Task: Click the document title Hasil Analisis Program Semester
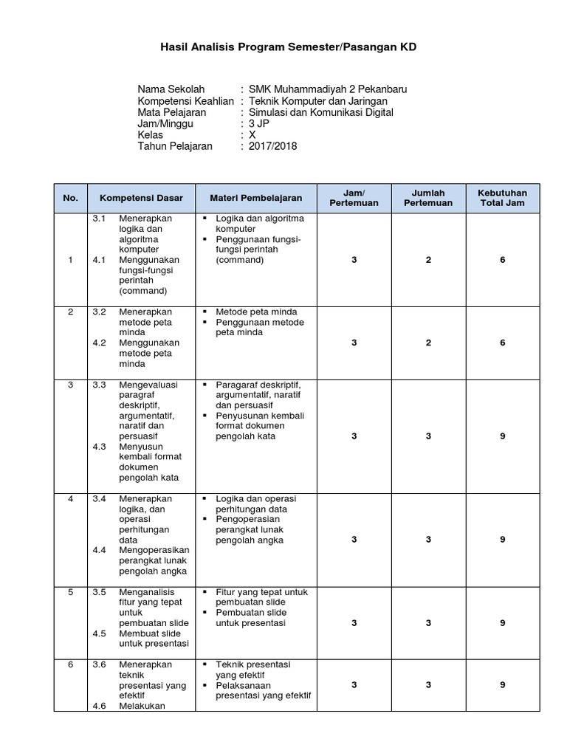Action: (x=288, y=47)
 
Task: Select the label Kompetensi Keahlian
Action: (x=185, y=101)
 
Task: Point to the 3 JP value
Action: (x=259, y=124)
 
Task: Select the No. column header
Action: (x=71, y=198)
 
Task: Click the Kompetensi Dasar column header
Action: (x=141, y=198)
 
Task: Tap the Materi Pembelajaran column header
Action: (x=256, y=198)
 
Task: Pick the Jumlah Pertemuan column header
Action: (x=428, y=198)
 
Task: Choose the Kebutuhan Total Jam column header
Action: (x=502, y=198)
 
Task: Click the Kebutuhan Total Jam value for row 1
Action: (x=502, y=260)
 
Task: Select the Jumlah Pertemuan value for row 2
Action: (x=428, y=343)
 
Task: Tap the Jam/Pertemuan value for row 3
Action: (x=354, y=436)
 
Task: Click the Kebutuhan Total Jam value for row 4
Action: (x=502, y=540)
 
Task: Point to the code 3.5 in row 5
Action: (x=100, y=592)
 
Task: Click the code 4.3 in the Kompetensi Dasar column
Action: (x=100, y=447)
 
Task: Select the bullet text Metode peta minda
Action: (x=256, y=312)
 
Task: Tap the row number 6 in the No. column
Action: (x=71, y=664)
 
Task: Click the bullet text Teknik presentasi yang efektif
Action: (x=253, y=670)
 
